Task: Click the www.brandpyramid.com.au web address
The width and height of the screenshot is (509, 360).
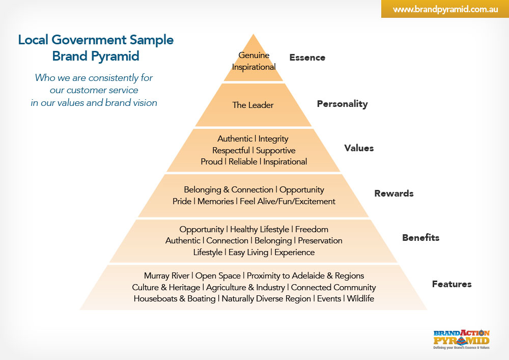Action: click(x=445, y=9)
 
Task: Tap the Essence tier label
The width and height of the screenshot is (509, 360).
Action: click(x=307, y=58)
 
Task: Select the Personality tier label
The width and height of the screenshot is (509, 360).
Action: click(x=342, y=104)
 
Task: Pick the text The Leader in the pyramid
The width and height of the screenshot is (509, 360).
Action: click(x=253, y=105)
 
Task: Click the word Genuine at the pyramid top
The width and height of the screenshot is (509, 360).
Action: click(x=253, y=56)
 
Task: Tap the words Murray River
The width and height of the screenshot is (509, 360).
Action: click(x=167, y=276)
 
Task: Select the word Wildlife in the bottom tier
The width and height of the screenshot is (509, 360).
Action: click(x=360, y=299)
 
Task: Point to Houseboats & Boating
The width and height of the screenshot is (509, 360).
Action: click(x=175, y=299)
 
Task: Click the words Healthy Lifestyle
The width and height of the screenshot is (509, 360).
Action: click(x=260, y=230)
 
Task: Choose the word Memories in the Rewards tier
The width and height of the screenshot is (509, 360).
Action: click(x=215, y=202)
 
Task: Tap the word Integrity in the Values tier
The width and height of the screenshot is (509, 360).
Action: click(x=273, y=139)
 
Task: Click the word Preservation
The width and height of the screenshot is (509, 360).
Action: click(x=320, y=241)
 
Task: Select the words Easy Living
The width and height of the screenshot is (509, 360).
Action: click(x=249, y=253)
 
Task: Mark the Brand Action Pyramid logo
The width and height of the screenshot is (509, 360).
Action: click(x=462, y=339)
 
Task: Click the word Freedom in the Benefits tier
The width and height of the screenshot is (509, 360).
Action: click(x=312, y=230)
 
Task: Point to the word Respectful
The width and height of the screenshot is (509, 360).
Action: click(x=231, y=151)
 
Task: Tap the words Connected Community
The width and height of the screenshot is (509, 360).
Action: click(x=333, y=288)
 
